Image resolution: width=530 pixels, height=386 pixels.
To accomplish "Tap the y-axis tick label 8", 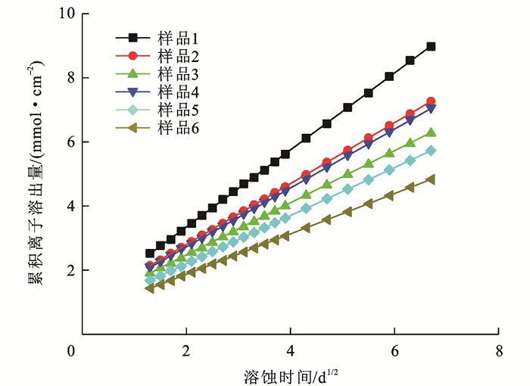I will [x=70, y=78].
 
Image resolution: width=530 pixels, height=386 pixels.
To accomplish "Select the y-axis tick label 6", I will [x=70, y=142].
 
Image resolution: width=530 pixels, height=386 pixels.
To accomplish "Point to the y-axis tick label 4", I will [x=70, y=207].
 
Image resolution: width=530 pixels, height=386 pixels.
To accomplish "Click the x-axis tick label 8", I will [x=499, y=353].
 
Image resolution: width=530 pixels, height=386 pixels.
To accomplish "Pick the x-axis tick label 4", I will [x=290, y=353].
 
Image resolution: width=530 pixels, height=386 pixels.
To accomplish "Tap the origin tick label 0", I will [x=71, y=353].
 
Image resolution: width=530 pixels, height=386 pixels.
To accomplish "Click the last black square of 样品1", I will [x=431, y=46].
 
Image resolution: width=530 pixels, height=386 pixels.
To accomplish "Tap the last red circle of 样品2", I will [x=431, y=101].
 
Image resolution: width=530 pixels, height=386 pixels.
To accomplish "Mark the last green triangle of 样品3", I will [x=431, y=132].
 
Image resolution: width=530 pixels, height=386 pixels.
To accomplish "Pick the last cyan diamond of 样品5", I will [x=431, y=151].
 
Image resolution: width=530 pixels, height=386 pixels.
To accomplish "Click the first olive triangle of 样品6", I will [x=149, y=288].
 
